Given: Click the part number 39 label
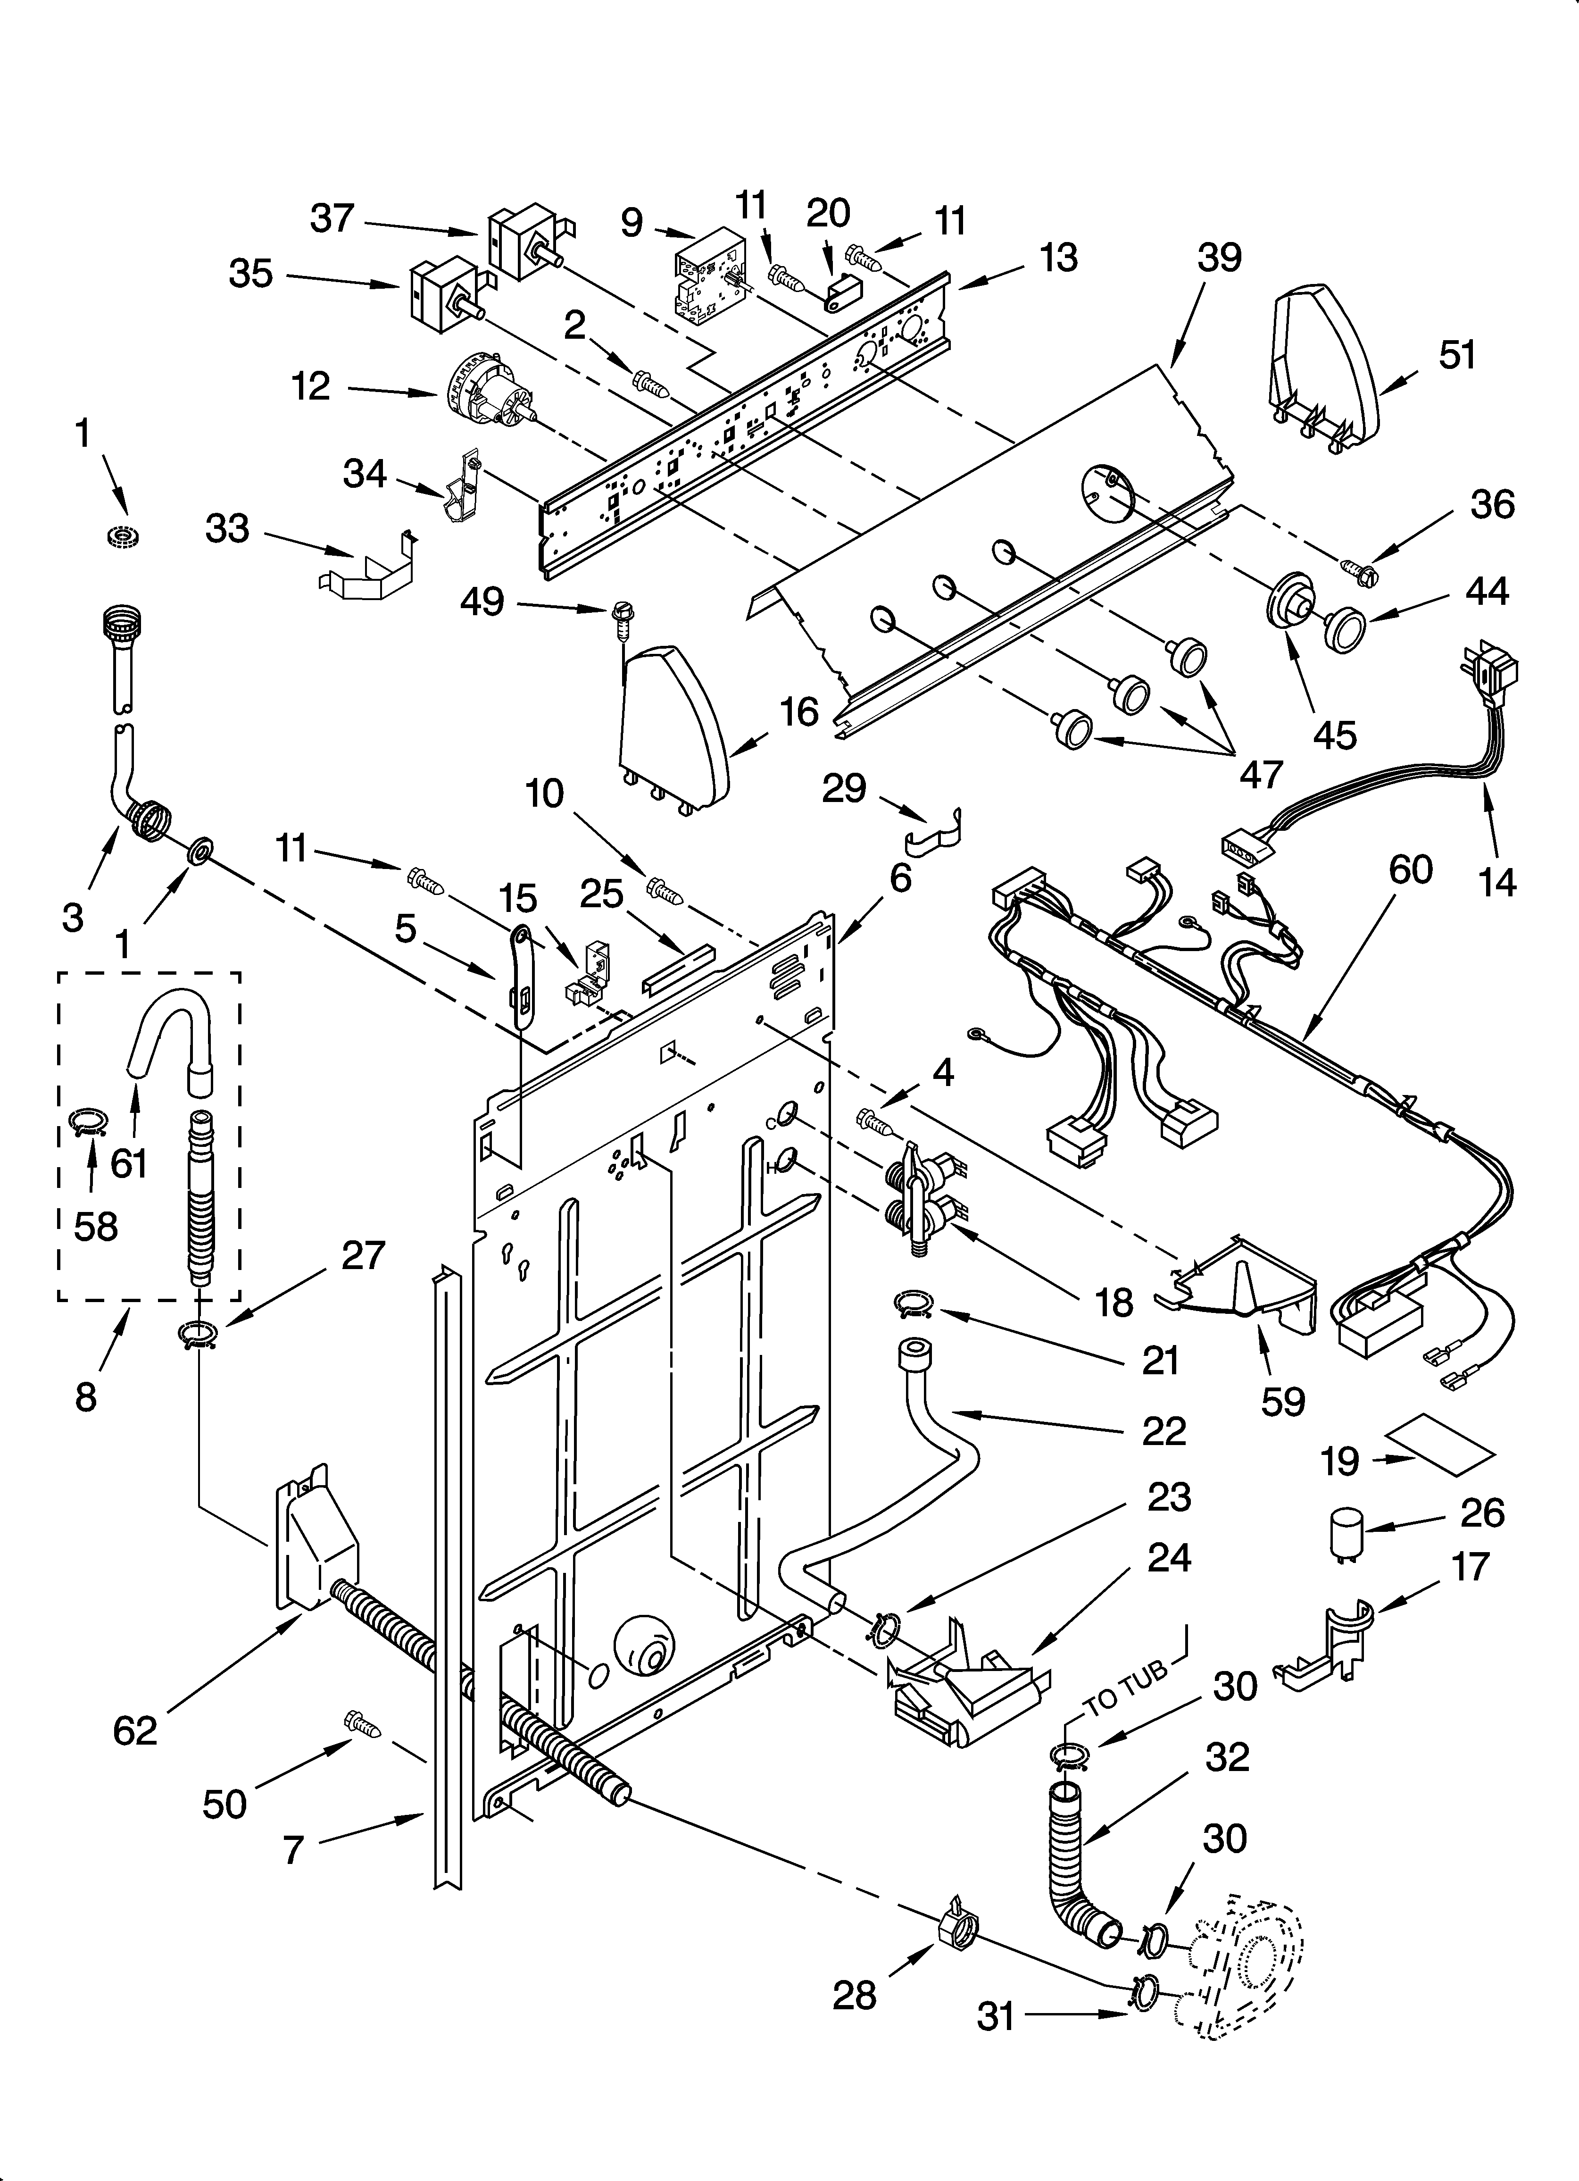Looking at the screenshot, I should [x=1219, y=258].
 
